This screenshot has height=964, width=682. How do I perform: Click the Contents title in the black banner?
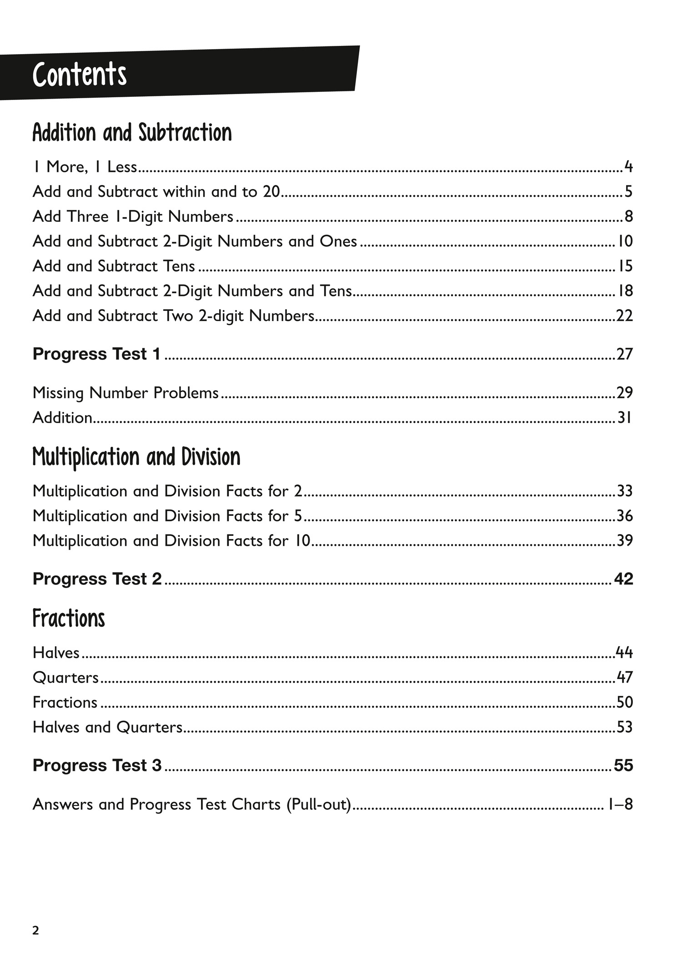(80, 75)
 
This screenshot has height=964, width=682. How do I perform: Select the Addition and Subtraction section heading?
(132, 133)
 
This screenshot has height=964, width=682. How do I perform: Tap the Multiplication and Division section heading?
(136, 457)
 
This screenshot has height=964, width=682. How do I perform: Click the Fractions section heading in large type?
(69, 619)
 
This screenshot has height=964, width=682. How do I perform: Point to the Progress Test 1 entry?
(96, 354)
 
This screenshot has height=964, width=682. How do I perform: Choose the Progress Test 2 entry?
(97, 579)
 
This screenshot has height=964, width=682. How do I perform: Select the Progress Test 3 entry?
(97, 765)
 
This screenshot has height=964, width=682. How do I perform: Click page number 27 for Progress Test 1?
(624, 354)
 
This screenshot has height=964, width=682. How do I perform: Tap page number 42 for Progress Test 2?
(623, 579)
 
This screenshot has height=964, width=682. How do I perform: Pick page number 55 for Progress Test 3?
(623, 765)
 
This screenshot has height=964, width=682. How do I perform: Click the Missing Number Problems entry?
(125, 393)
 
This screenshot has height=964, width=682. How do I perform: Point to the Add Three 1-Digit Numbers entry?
(133, 216)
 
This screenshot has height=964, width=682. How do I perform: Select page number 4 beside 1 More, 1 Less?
(628, 167)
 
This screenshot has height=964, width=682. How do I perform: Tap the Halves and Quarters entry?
(107, 727)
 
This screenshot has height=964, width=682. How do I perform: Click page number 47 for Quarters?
(625, 678)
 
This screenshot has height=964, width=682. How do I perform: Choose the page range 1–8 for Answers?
(620, 804)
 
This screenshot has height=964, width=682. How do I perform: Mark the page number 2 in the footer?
(35, 930)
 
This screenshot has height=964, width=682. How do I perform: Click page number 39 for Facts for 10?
(625, 541)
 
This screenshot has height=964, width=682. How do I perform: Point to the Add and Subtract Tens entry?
(114, 266)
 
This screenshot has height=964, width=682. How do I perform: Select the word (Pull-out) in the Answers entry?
(319, 804)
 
